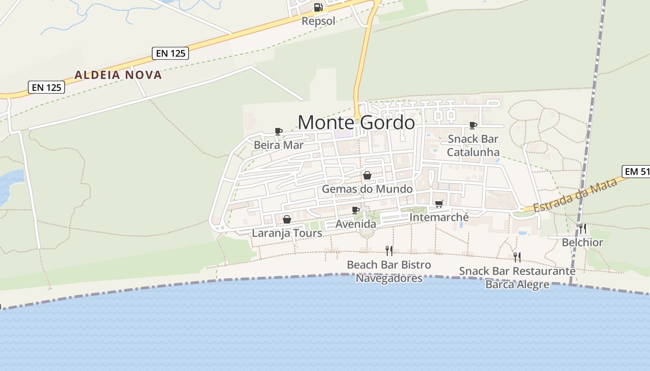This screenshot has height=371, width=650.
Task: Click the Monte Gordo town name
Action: point(356,122)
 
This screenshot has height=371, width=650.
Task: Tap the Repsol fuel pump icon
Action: point(318,7)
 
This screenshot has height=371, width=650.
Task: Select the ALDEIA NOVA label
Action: point(118,75)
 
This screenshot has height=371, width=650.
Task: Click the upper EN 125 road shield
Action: point(170,53)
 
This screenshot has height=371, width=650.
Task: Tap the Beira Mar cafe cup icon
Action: point(279,131)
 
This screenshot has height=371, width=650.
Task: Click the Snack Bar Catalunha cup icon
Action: point(473,125)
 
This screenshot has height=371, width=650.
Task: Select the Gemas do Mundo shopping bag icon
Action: point(367,175)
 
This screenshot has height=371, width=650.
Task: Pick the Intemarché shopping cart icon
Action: point(439,203)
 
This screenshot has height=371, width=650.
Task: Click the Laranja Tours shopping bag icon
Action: point(287,219)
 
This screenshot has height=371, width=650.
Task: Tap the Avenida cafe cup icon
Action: point(356,210)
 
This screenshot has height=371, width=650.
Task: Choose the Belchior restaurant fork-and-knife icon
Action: point(582,228)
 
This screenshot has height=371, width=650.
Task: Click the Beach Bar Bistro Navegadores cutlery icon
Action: point(389,251)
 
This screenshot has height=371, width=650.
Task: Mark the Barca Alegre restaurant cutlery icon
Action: point(517,257)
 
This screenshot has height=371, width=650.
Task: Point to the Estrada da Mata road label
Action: point(576,195)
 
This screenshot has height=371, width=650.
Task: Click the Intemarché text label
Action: point(439,217)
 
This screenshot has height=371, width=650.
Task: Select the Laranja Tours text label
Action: point(287,233)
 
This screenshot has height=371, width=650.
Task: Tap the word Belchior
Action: point(582,242)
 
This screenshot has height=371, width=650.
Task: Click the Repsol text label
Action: point(318,21)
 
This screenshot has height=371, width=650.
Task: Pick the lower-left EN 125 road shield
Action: point(46,87)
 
